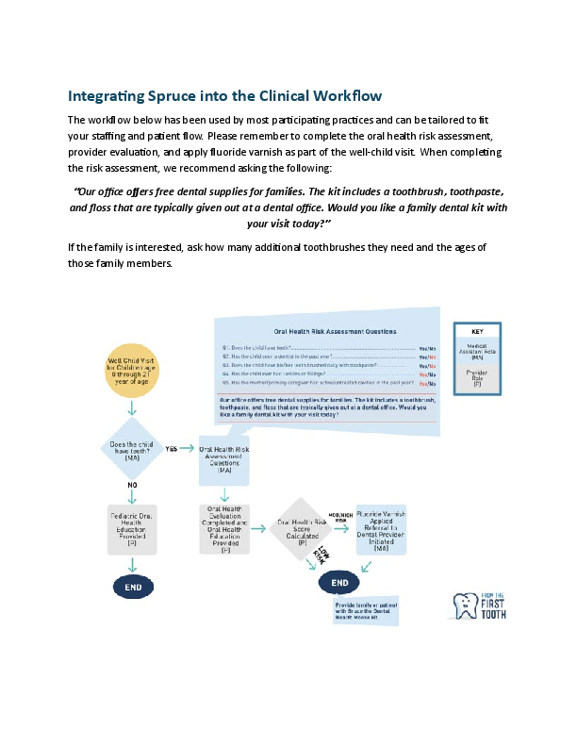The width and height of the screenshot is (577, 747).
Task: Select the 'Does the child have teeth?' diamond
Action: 131,449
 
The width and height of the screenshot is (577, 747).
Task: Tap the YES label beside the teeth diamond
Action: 172,449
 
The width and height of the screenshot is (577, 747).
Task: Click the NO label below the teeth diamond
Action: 132,484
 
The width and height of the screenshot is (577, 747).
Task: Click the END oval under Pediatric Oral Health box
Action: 132,587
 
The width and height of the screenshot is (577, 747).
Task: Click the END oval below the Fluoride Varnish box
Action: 340,583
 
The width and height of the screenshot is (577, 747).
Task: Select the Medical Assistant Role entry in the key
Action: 478,352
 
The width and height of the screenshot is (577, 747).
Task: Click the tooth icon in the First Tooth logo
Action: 465,606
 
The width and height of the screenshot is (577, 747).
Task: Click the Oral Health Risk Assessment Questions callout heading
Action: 334,332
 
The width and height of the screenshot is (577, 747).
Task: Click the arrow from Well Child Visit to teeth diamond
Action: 131,408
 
